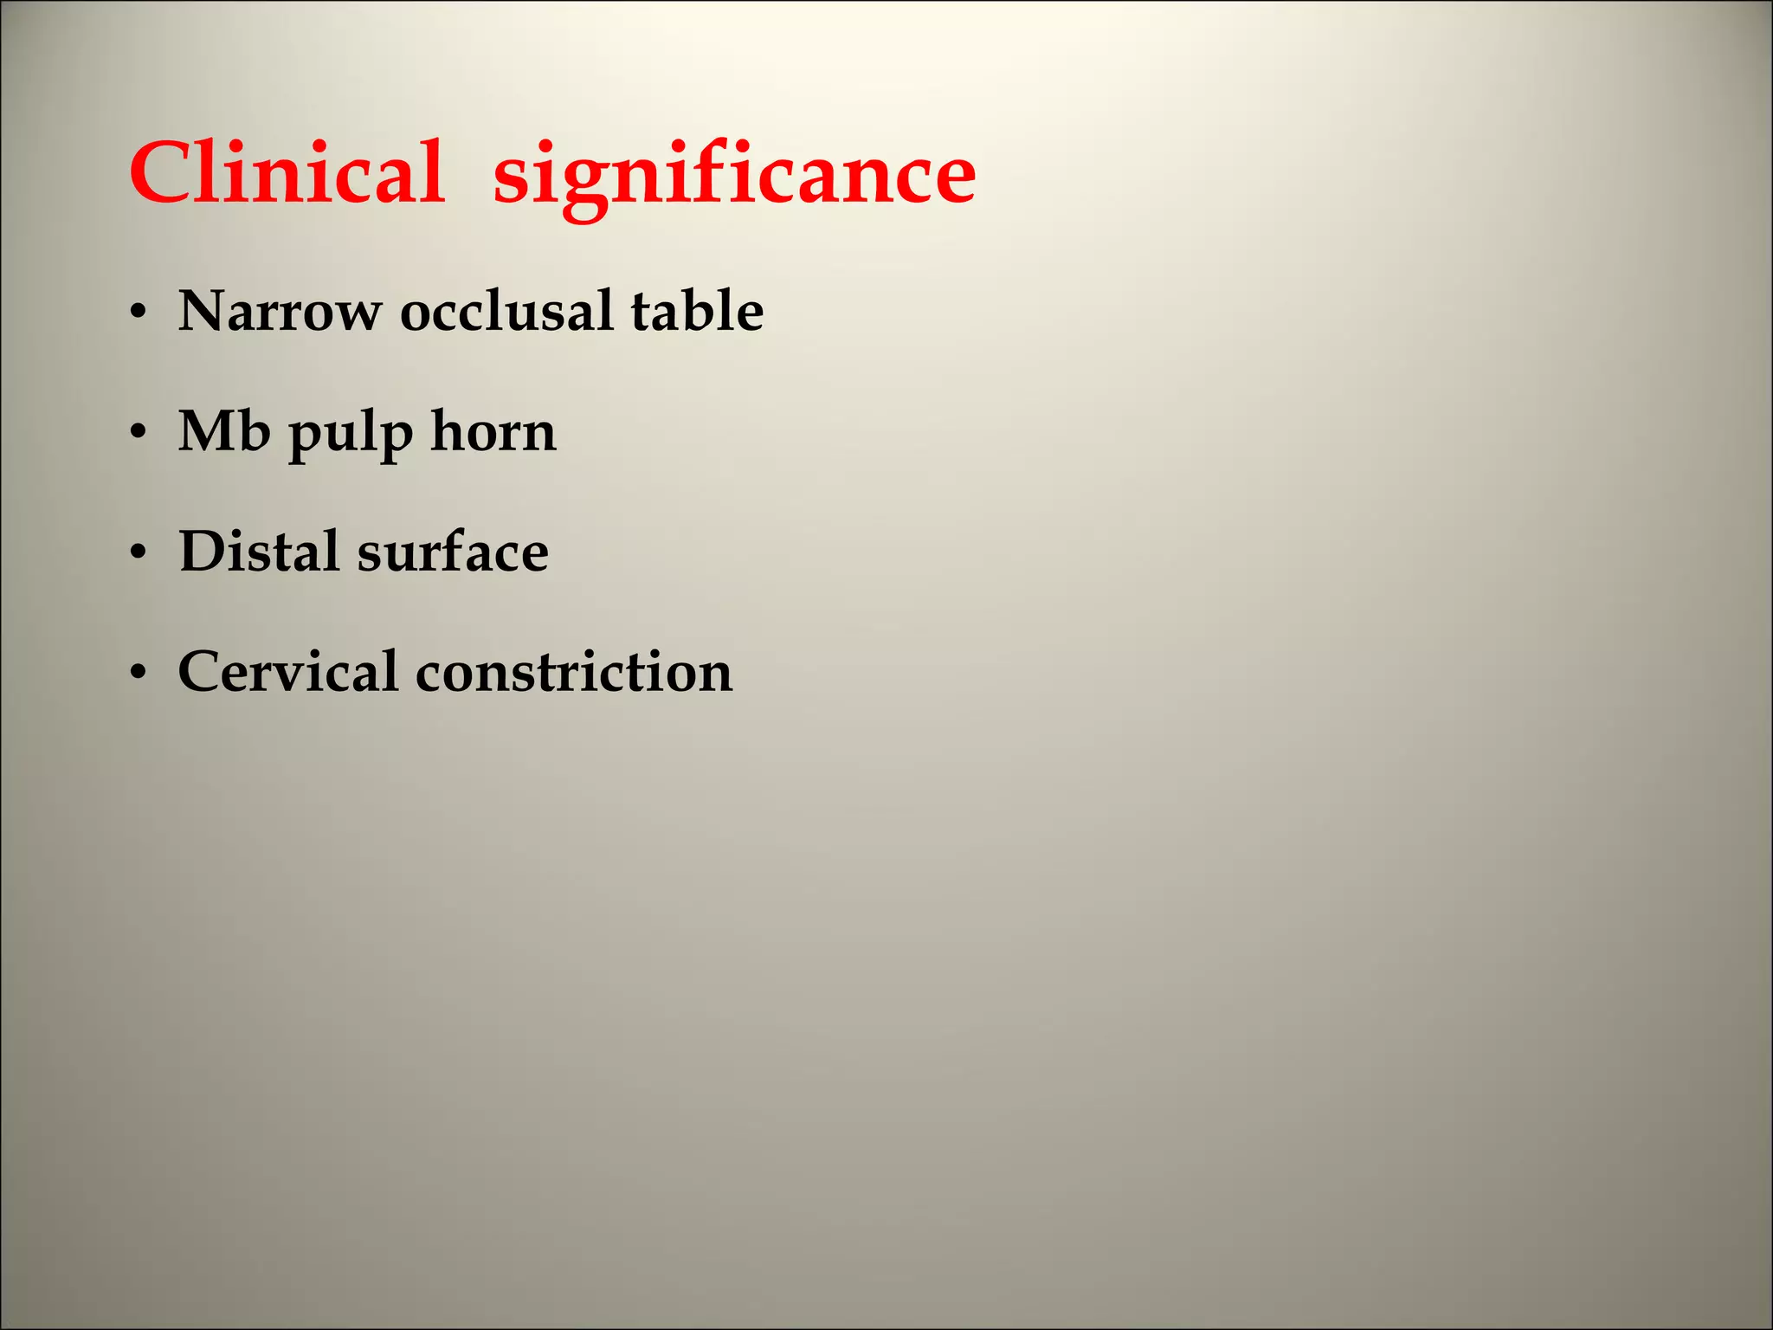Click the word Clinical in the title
pyautogui.click(x=287, y=173)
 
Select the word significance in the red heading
pyautogui.click(x=734, y=178)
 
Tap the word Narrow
pyautogui.click(x=279, y=311)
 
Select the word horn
pyautogui.click(x=493, y=431)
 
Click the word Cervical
pyautogui.click(x=287, y=672)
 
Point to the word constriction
pyautogui.click(x=574, y=672)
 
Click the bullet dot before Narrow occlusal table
pyautogui.click(x=138, y=313)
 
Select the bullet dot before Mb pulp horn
pyautogui.click(x=138, y=434)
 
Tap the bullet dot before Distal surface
pyautogui.click(x=138, y=554)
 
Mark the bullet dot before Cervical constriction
pyautogui.click(x=138, y=675)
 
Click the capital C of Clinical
pyautogui.click(x=158, y=173)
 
